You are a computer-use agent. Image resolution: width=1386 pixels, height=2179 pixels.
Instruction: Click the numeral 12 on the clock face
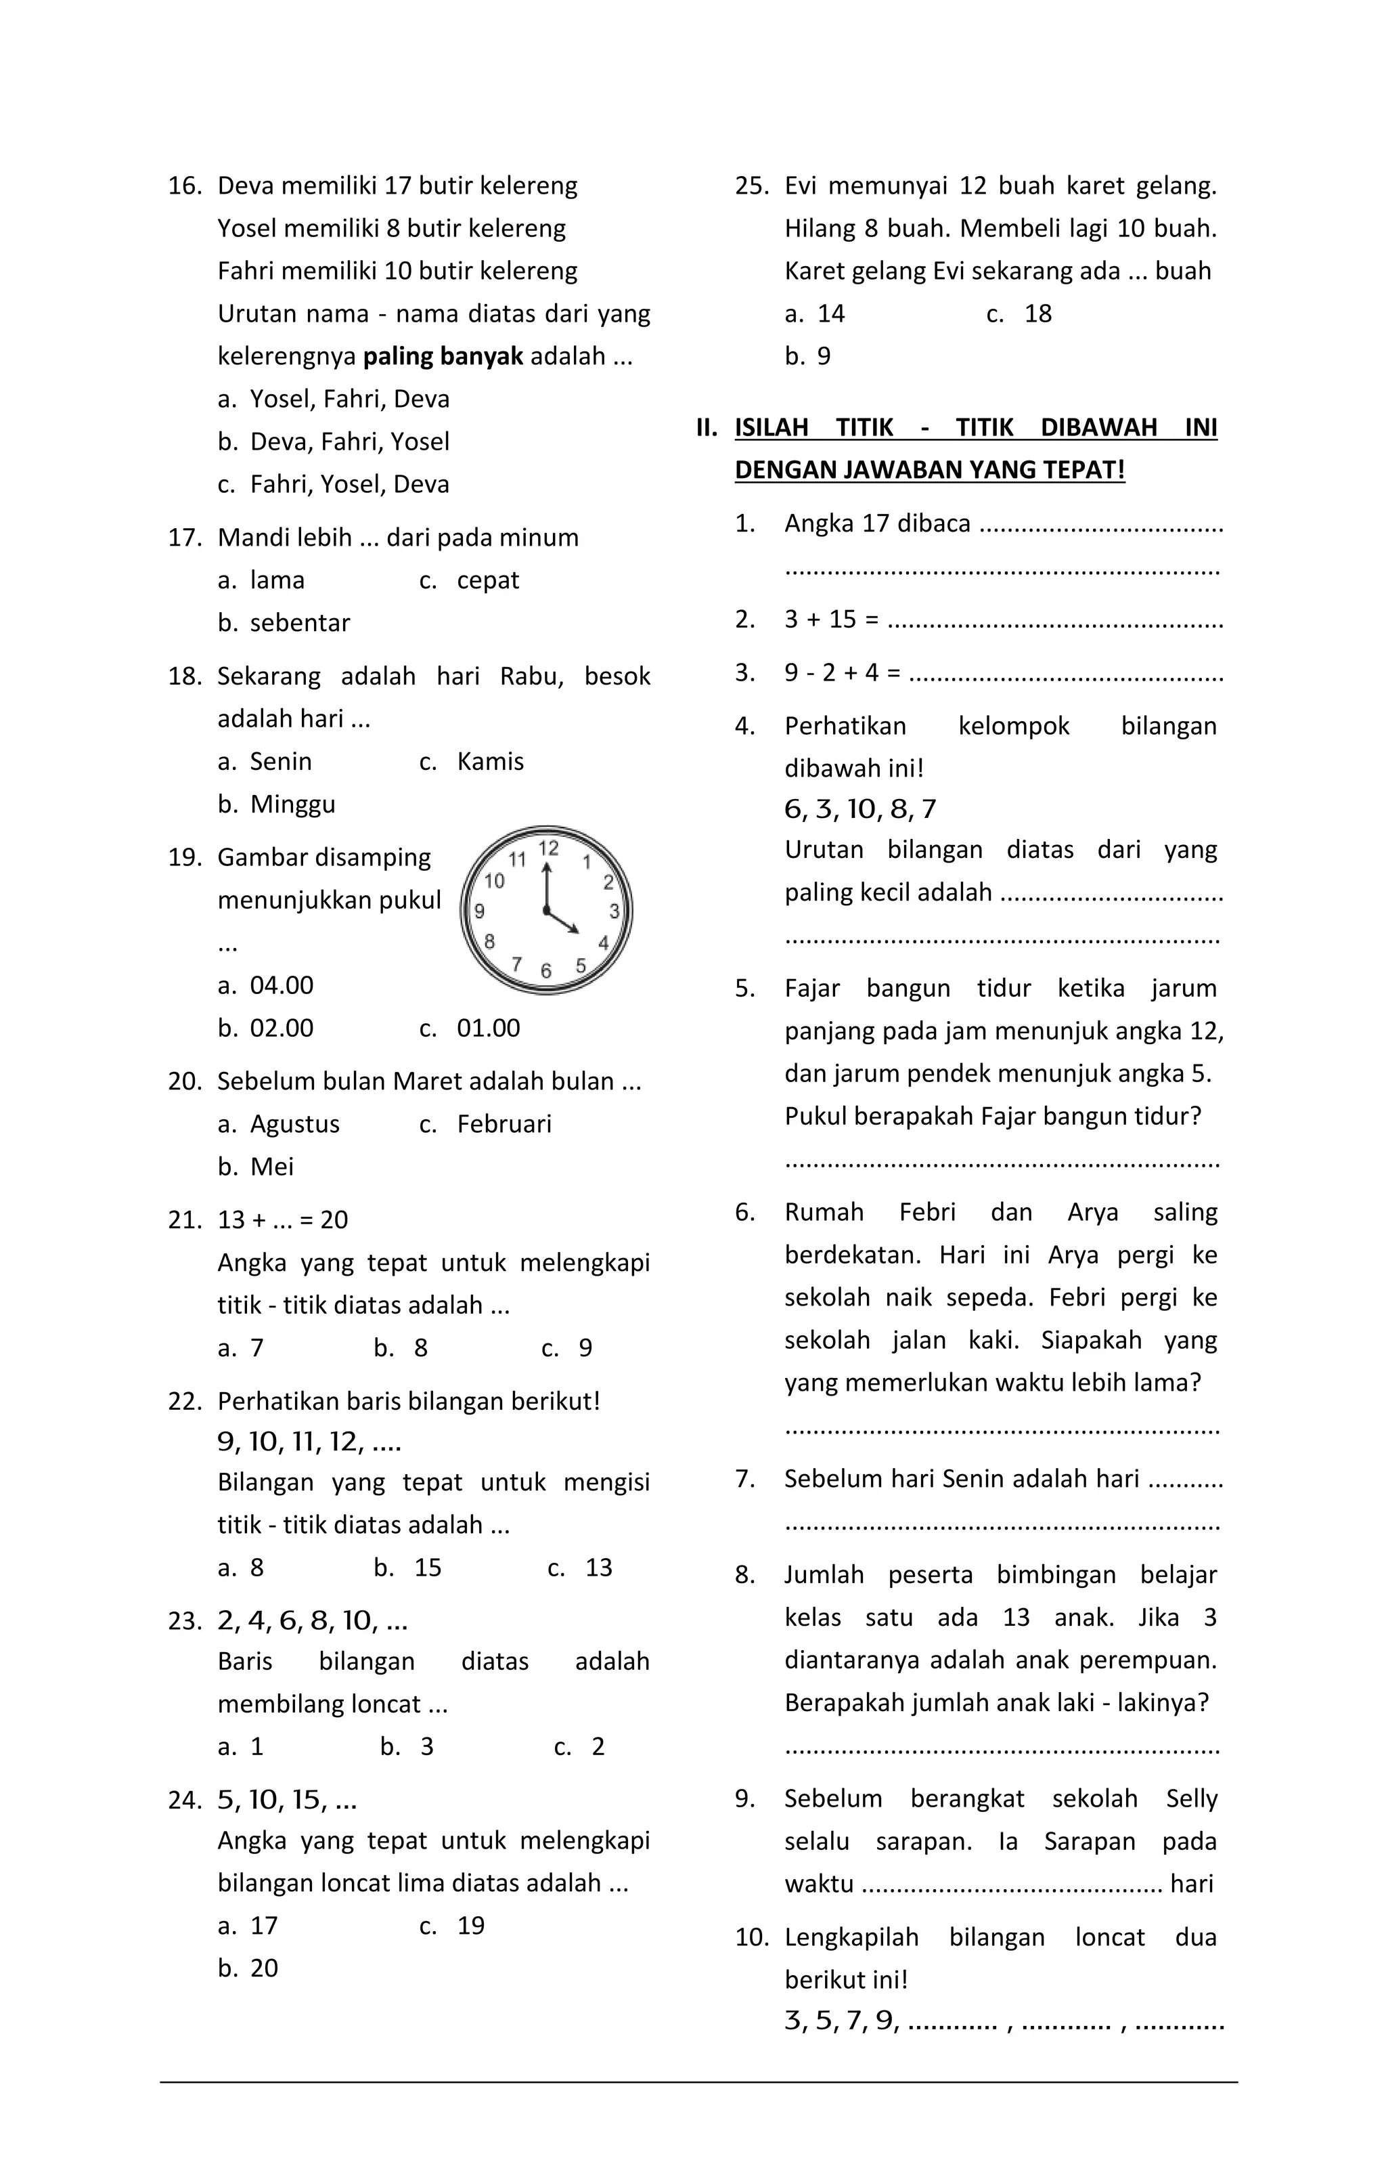click(548, 848)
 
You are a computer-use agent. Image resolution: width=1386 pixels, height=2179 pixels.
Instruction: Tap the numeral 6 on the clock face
click(545, 971)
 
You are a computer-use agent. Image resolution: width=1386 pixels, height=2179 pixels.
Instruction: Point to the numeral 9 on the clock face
click(480, 910)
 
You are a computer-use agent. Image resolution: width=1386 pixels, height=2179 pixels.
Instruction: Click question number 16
click(183, 186)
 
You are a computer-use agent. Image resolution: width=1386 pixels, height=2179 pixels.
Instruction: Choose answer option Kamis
click(489, 762)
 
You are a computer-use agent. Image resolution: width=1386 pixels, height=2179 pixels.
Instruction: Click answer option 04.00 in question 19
click(282, 985)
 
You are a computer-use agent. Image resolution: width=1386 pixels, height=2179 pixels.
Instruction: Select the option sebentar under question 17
click(299, 622)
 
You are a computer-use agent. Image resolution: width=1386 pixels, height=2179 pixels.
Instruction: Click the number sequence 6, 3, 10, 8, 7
click(859, 809)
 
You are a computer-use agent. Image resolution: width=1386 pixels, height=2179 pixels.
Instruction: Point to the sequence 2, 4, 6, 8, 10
click(312, 1620)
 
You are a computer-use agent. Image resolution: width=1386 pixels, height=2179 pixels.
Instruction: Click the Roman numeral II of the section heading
click(707, 427)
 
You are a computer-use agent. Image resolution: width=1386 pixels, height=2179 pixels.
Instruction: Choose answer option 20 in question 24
click(263, 1968)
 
